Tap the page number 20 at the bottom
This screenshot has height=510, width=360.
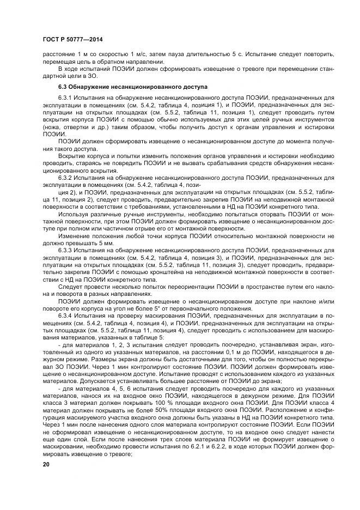tap(46, 464)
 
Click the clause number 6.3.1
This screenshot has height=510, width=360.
tap(67, 97)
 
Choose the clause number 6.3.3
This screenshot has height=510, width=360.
tap(67, 250)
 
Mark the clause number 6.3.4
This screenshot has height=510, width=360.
tap(67, 315)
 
